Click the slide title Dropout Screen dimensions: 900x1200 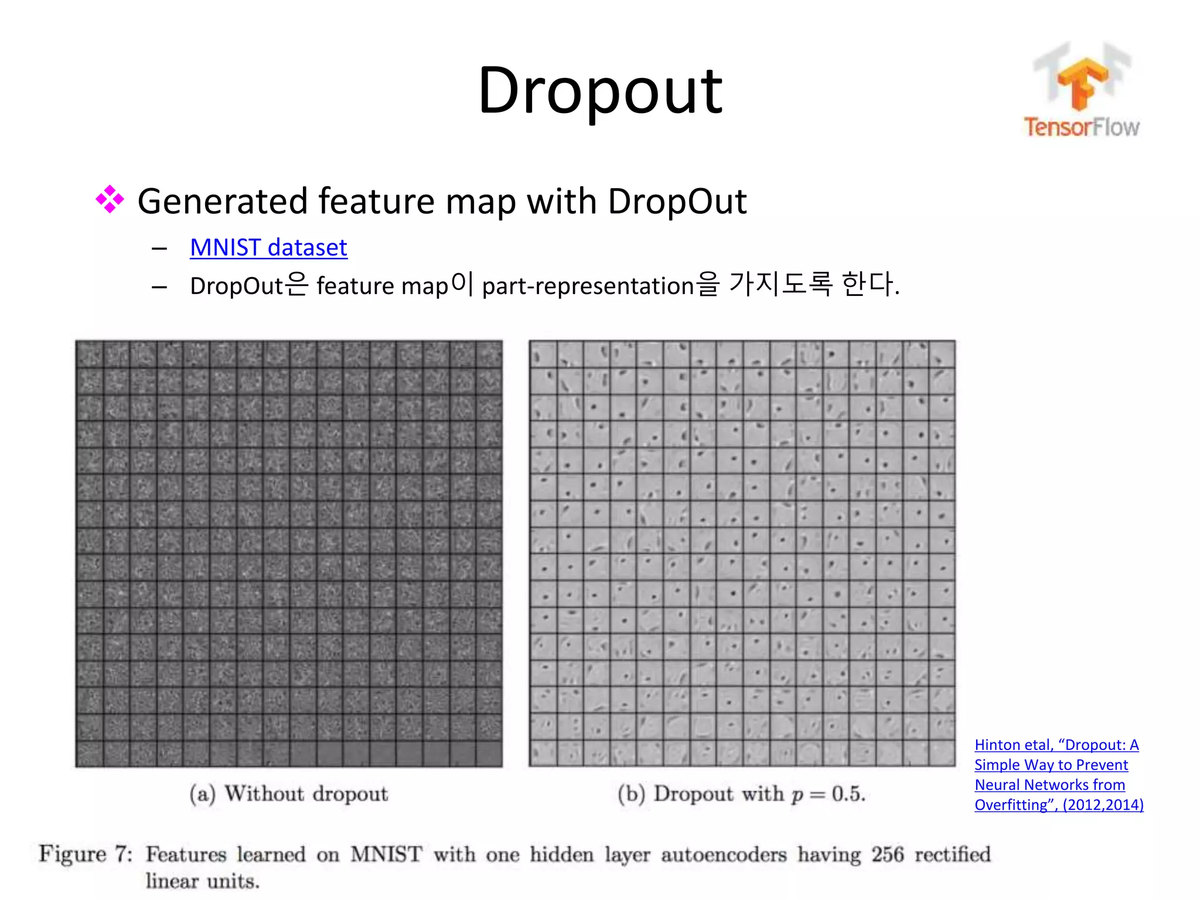tap(600, 91)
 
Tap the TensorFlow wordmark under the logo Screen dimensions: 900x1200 tap(1081, 127)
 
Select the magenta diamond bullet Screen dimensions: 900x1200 tap(110, 200)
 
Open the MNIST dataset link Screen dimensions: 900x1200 tap(268, 247)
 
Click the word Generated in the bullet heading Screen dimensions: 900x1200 tap(222, 201)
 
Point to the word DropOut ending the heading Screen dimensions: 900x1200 tap(677, 201)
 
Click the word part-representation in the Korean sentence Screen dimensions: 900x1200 tap(588, 286)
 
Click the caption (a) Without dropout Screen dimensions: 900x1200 tap(288, 794)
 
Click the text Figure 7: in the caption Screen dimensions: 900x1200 tap(86, 854)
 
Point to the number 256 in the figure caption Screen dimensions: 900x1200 tap(887, 854)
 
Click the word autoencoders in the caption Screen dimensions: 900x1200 tap(724, 854)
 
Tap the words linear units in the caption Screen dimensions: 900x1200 tap(202, 881)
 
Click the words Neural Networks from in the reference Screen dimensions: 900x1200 tap(1049, 785)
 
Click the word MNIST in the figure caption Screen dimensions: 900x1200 tap(386, 854)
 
